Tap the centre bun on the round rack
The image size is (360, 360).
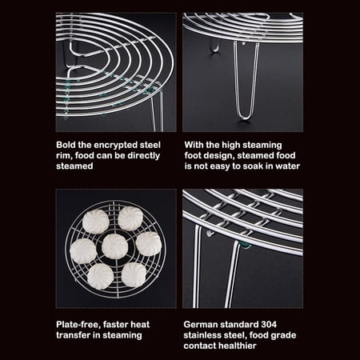click(x=116, y=246)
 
